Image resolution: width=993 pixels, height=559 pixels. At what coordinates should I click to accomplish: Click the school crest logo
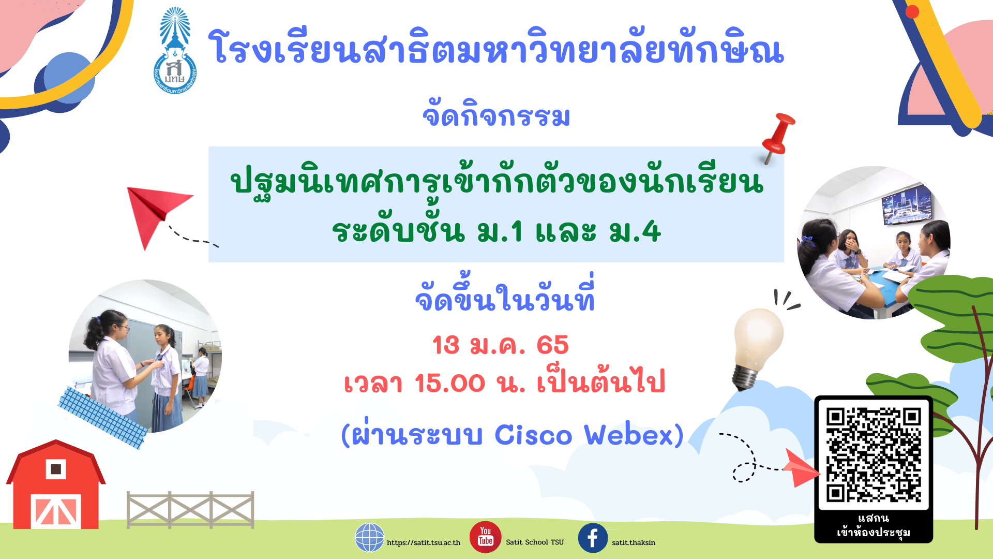coord(175,51)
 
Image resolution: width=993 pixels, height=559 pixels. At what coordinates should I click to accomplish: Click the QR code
coord(874,455)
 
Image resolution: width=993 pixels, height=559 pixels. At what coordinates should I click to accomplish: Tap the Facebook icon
coord(593,538)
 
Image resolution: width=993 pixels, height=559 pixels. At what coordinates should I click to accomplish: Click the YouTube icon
coord(485,537)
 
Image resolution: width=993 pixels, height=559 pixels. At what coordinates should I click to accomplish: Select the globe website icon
coord(369,537)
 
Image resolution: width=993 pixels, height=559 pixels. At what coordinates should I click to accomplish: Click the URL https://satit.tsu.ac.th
coord(423,543)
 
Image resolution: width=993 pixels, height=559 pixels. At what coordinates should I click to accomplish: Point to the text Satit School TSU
coord(535,542)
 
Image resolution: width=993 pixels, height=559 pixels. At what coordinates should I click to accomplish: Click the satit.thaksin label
coord(634,543)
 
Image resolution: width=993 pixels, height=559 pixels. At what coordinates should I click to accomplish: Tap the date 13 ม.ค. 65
coord(500,345)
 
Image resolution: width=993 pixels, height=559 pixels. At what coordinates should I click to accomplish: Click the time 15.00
coord(449,384)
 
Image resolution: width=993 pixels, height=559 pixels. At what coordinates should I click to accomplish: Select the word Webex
coord(629,435)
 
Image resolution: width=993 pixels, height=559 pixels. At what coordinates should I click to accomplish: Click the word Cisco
coord(533,435)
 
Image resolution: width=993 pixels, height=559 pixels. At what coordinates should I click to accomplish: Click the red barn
coord(56,486)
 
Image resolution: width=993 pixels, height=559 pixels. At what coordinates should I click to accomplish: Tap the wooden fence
coord(190,510)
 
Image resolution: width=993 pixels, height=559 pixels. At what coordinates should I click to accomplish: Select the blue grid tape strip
coord(103,417)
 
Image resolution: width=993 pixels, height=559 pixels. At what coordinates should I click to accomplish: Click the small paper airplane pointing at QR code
coord(801,468)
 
